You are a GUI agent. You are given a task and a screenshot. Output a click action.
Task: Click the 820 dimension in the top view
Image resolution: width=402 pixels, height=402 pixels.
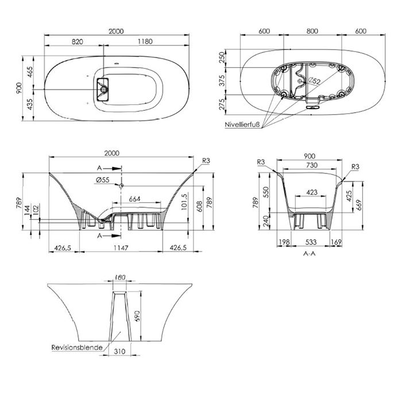tap(77, 41)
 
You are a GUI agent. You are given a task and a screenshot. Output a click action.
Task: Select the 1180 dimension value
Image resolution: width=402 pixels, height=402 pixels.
tap(145, 41)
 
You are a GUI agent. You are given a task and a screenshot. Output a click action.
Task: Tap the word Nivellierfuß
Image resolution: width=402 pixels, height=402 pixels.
tap(242, 125)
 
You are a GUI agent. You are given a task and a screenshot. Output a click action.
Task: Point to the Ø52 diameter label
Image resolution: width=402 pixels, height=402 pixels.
tap(314, 81)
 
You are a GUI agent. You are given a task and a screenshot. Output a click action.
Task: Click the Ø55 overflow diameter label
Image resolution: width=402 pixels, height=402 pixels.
tap(103, 180)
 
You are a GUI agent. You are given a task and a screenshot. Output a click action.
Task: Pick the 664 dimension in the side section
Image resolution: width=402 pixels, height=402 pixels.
tap(134, 199)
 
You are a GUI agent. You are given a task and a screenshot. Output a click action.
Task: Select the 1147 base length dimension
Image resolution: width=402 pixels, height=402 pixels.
tap(121, 248)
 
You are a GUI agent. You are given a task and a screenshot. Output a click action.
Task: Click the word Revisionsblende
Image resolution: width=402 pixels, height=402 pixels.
tap(77, 347)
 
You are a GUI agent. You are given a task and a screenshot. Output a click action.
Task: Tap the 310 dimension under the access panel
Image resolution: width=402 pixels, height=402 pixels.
tap(119, 351)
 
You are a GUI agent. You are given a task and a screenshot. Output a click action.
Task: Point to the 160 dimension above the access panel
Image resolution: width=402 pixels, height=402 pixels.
tap(120, 277)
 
